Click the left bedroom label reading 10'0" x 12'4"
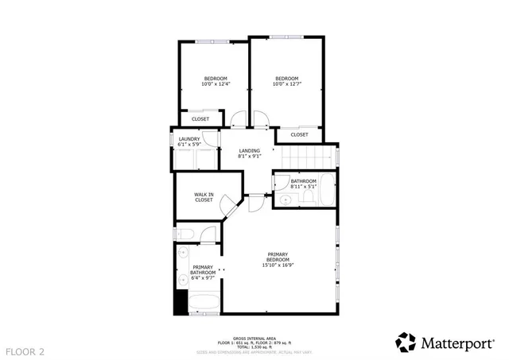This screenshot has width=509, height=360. (x=216, y=81)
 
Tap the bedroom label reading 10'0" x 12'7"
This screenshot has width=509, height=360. (x=286, y=81)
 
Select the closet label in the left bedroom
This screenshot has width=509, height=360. (x=200, y=119)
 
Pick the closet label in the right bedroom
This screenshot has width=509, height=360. (x=299, y=135)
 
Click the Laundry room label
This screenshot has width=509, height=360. (x=188, y=141)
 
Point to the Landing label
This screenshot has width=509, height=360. (x=249, y=153)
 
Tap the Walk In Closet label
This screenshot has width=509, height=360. (x=204, y=197)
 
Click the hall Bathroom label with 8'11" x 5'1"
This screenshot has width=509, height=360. (x=303, y=184)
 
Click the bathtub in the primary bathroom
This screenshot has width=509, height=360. (x=204, y=303)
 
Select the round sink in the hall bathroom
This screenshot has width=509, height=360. (x=285, y=199)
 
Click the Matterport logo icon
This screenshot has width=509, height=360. (x=406, y=342)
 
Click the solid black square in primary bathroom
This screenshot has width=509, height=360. (x=181, y=303)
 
